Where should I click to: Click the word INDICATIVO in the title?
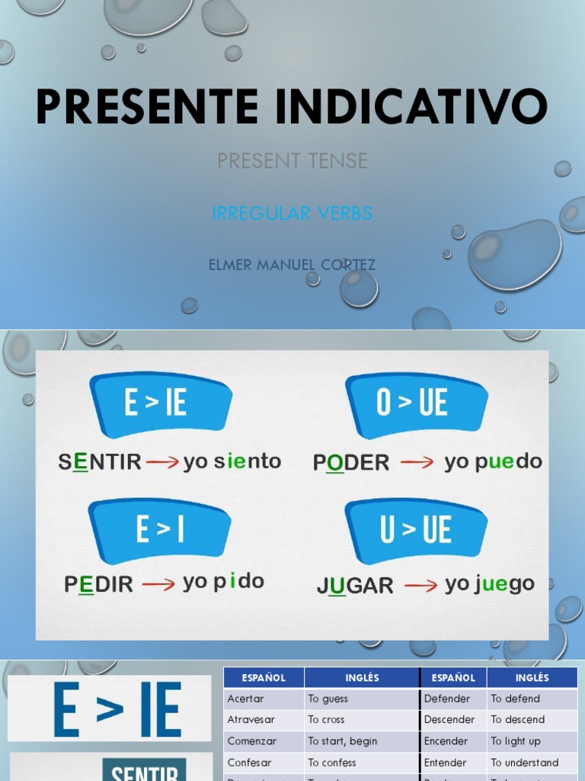[411, 107]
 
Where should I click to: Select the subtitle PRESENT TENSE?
[292, 161]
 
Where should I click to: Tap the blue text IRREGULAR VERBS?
[292, 214]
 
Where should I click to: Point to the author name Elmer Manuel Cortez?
[292, 265]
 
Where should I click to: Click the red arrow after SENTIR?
[161, 462]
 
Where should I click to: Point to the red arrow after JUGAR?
[420, 586]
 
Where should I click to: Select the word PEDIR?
[99, 584]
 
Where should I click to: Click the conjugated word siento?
[248, 461]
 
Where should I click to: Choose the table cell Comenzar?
[252, 741]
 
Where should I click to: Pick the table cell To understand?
[525, 763]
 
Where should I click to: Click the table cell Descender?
[449, 720]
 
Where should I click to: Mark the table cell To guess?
[328, 699]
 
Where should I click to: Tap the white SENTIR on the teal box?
[145, 772]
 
